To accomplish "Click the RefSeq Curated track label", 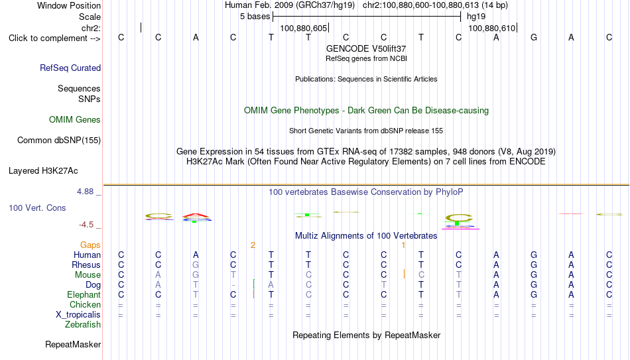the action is click(x=70, y=68).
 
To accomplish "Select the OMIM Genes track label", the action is click(x=75, y=120).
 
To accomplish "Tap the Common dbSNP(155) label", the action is click(x=59, y=141).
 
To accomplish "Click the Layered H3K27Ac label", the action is click(x=43, y=171).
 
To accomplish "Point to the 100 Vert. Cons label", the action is click(x=37, y=208).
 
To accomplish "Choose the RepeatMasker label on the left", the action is click(x=73, y=344).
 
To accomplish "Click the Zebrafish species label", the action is click(x=83, y=324).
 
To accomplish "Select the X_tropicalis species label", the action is click(x=78, y=315).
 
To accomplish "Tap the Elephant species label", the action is click(x=84, y=294).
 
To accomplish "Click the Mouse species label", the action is click(x=88, y=275).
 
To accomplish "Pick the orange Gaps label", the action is click(x=90, y=245).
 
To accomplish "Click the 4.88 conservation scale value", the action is click(x=85, y=191).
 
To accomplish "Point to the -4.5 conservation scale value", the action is click(x=86, y=225).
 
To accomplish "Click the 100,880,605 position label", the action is click(x=303, y=28).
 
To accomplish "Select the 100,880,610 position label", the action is click(x=492, y=28).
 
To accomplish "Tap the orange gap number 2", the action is click(x=253, y=245).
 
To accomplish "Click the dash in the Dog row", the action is click(x=233, y=286).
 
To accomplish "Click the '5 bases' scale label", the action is click(x=255, y=17).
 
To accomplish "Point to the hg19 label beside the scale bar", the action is click(x=476, y=17).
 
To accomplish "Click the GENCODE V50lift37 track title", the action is click(x=366, y=48).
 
